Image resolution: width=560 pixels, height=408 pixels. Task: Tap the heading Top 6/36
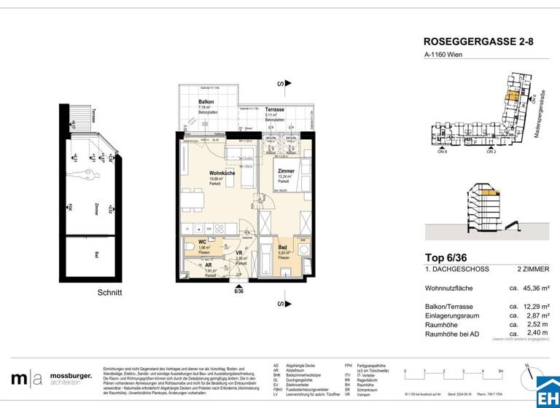tap(449, 257)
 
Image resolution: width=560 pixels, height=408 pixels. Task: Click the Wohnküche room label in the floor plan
tap(201, 173)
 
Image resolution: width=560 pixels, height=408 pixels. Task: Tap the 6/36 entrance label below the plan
tap(238, 290)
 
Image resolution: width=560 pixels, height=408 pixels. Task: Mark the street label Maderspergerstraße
tap(541, 120)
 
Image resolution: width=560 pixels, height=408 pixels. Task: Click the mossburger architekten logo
tap(51, 378)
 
